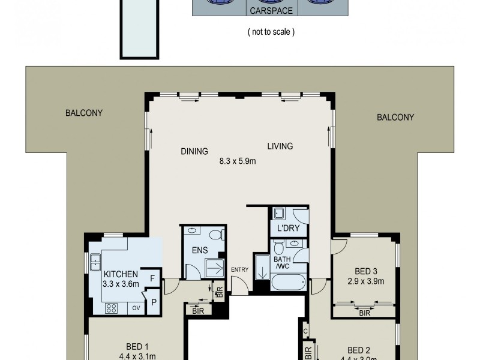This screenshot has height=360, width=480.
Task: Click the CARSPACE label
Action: [271, 11]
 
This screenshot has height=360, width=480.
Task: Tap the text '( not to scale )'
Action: [271, 32]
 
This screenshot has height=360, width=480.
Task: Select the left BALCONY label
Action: [84, 113]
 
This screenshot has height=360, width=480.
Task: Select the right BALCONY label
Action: [395, 118]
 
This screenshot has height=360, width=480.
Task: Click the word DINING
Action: [194, 151]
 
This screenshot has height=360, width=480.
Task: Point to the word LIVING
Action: [280, 146]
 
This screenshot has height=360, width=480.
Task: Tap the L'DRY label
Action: [288, 229]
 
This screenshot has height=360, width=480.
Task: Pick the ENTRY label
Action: [239, 270]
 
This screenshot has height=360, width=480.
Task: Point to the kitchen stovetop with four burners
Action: [112, 308]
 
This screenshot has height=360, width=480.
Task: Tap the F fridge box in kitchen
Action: [152, 278]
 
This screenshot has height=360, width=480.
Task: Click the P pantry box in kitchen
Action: [154, 302]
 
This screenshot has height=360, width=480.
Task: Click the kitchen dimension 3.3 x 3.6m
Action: [121, 284]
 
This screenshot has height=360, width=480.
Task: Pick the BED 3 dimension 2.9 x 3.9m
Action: [365, 280]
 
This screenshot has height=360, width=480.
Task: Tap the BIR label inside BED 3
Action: [364, 313]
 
